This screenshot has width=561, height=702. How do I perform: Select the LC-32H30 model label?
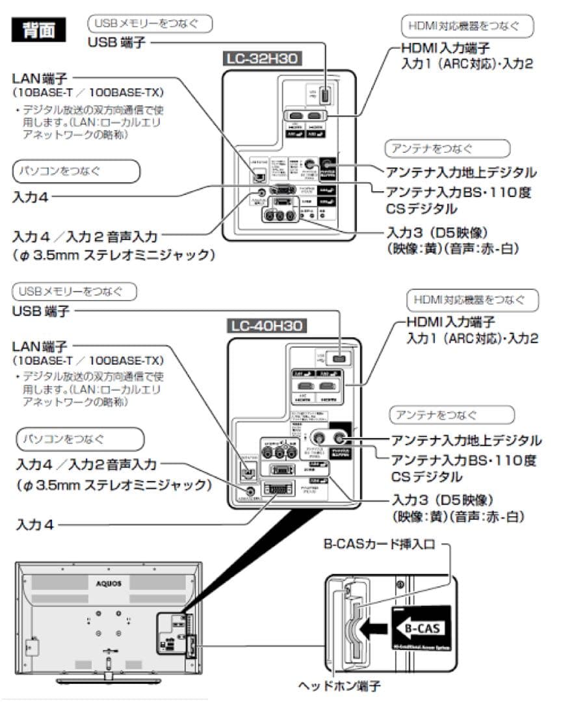261,59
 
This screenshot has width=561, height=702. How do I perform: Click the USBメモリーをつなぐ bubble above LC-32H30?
150,24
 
